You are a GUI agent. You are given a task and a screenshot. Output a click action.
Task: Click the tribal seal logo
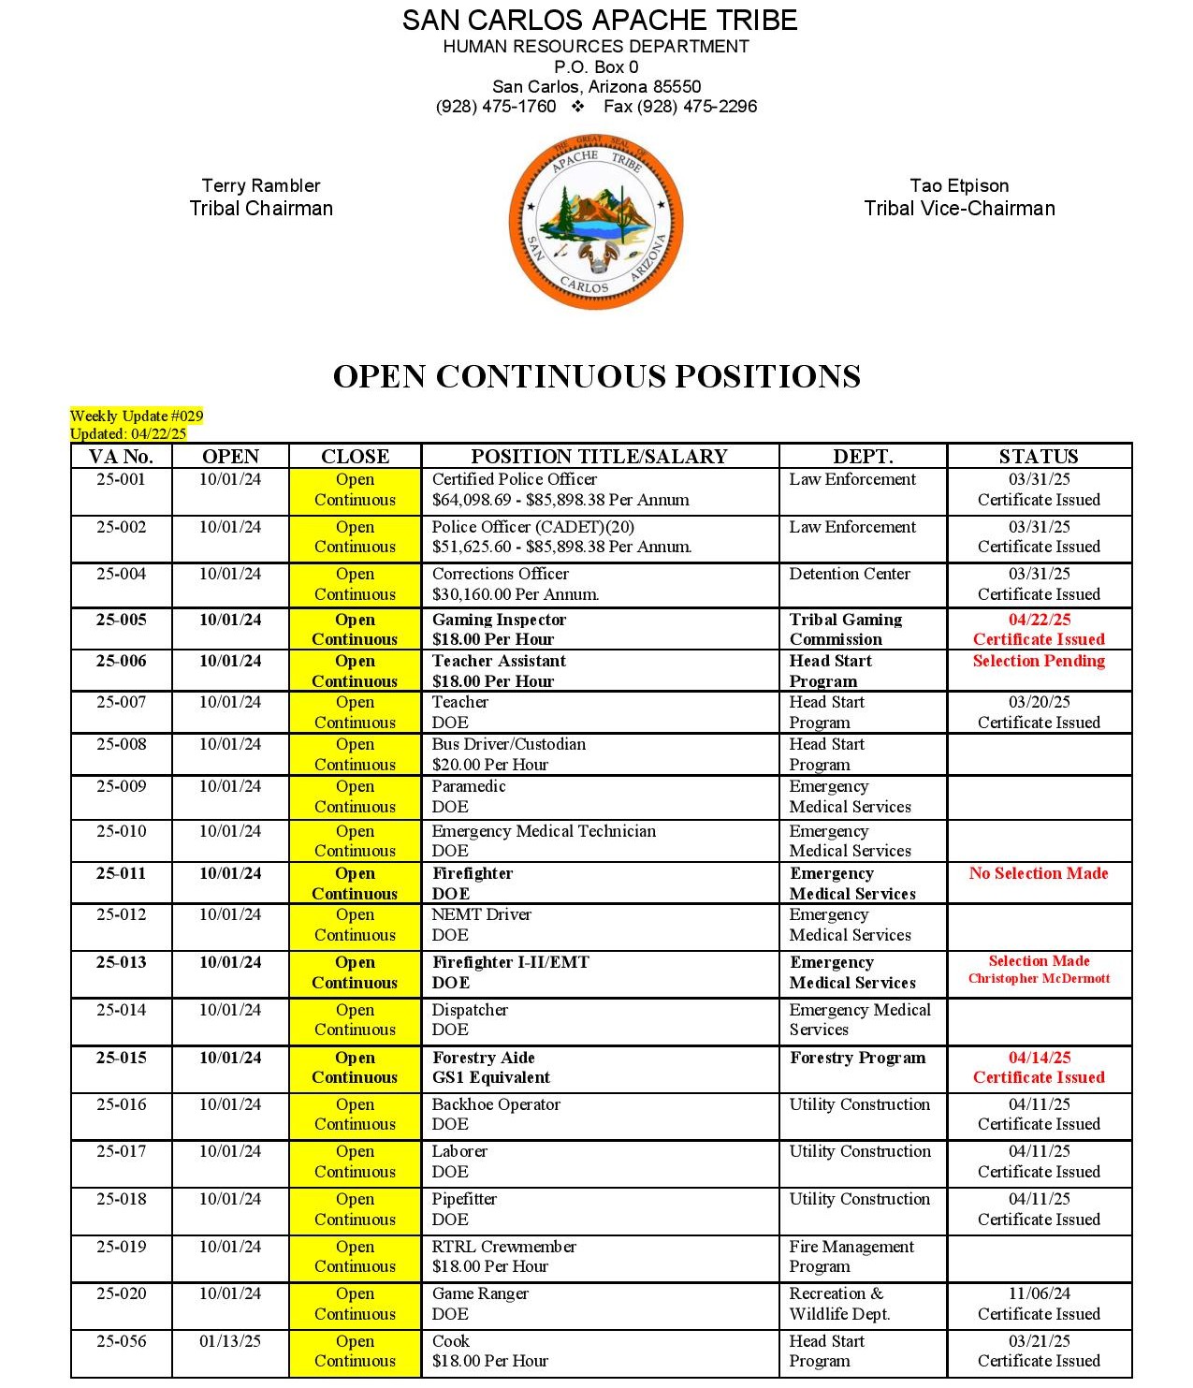596,222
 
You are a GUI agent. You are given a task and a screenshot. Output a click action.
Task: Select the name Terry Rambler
261,185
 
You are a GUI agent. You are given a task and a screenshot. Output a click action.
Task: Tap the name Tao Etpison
959,185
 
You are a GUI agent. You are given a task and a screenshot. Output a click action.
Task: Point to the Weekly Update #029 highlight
137,416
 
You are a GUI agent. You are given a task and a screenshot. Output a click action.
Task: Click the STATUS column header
1039,457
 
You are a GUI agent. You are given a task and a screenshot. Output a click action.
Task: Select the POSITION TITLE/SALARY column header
599,457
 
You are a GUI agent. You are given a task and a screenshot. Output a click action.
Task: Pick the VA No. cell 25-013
121,962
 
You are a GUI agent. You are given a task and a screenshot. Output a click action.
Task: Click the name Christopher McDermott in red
1039,979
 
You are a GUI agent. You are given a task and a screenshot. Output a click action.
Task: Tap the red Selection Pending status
1039,661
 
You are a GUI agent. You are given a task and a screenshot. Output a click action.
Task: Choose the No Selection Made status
1039,873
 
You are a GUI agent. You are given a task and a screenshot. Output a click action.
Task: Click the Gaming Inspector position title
499,620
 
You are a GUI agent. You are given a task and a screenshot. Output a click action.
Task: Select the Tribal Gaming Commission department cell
845,629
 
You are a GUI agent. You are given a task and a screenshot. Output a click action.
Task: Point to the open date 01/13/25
230,1341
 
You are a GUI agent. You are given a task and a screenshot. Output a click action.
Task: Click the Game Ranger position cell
480,1293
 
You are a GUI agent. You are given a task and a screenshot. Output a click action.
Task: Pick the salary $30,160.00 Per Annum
515,594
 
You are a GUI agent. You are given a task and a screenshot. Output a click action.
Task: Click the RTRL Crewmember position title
503,1247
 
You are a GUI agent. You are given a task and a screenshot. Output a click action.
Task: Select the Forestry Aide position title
483,1058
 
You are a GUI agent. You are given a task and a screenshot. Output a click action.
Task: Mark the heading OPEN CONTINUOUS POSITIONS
596,376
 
